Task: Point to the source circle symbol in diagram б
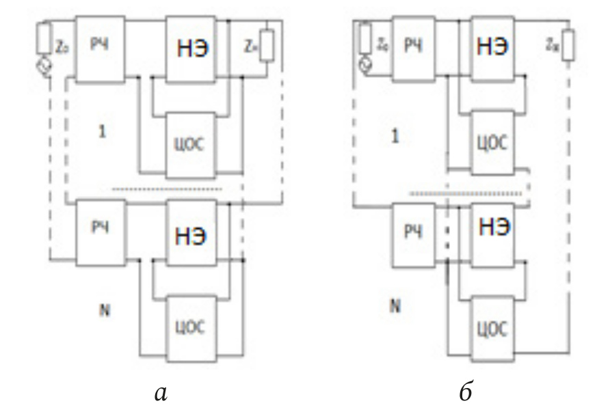364,66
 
